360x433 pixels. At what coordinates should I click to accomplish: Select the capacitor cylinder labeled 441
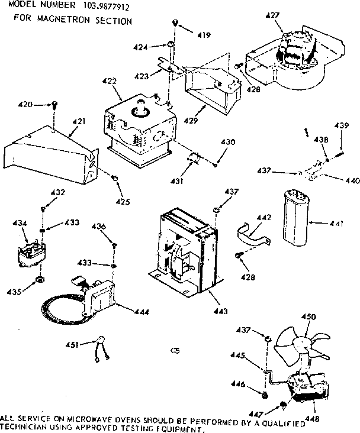(294, 219)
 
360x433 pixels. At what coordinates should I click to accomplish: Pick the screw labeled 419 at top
(176, 22)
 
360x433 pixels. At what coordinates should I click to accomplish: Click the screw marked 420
(54, 105)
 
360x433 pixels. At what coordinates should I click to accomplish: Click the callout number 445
(254, 356)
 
